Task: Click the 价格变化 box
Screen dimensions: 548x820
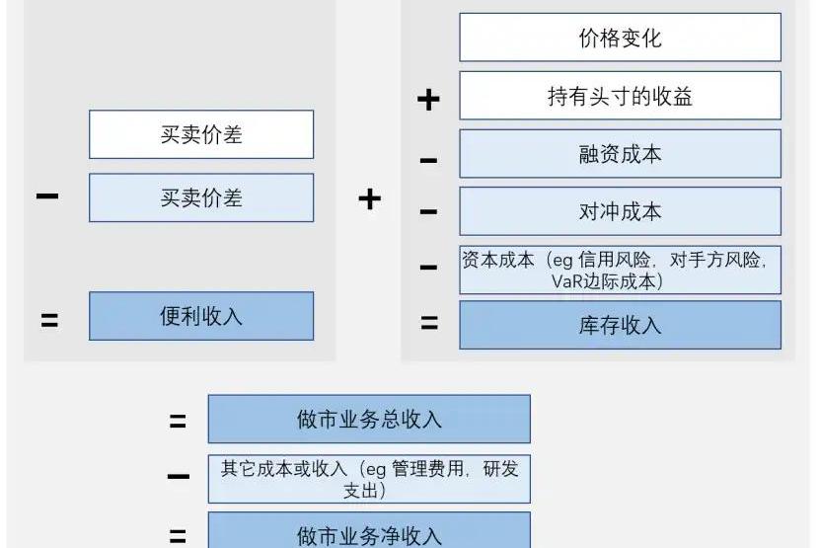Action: pos(620,38)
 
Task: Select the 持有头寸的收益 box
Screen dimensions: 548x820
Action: pos(620,96)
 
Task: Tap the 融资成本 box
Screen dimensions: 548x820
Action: pos(620,154)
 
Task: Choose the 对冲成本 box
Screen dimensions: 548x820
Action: pos(620,211)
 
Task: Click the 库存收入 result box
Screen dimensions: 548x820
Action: pos(620,325)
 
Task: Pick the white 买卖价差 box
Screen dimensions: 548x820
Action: pos(201,134)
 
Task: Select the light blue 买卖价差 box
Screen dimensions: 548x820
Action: pos(201,197)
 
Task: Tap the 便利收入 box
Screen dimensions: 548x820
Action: pos(201,316)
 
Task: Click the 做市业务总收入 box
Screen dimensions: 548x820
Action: pos(369,419)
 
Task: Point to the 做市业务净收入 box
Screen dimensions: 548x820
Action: pos(369,534)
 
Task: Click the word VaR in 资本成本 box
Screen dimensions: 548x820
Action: pos(569,282)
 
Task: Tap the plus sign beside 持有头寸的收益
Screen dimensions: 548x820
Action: pos(428,99)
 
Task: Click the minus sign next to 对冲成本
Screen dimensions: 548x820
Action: pos(428,211)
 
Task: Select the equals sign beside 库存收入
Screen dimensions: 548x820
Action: pos(428,323)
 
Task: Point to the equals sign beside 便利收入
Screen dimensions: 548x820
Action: pos(48,319)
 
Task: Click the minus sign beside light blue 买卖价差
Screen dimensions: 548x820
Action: pos(46,196)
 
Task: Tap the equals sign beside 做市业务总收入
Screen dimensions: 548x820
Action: pos(178,422)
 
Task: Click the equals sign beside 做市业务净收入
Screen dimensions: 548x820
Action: pos(178,537)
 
